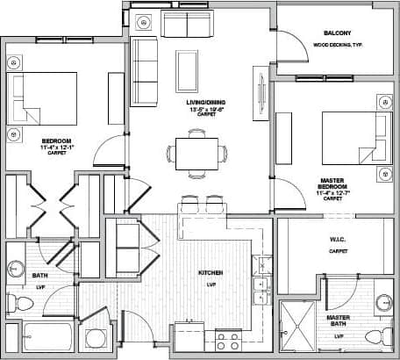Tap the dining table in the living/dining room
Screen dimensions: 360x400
pyautogui.click(x=196, y=153)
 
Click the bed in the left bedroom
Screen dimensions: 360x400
pyautogui.click(x=40, y=98)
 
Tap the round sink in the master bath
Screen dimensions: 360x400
pyautogui.click(x=382, y=304)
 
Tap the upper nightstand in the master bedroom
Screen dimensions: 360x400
pyautogui.click(x=384, y=104)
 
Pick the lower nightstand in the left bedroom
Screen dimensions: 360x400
pyautogui.click(x=14, y=134)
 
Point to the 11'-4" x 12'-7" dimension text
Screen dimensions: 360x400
pyautogui.click(x=332, y=192)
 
